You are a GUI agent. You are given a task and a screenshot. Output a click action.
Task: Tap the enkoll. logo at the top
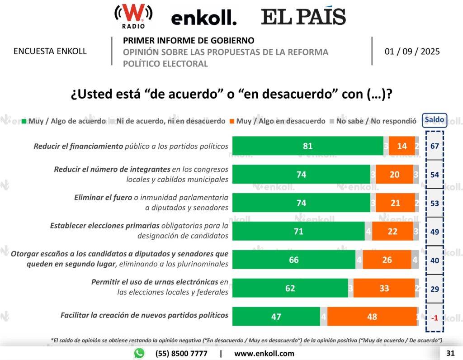(203, 18)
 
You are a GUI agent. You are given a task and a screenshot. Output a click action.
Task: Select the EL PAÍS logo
(303, 17)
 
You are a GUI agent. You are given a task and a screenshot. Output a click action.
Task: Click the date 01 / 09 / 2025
(412, 51)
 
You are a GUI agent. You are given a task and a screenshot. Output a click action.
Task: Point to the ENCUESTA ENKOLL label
(50, 51)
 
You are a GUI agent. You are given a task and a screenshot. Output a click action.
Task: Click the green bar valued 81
(307, 146)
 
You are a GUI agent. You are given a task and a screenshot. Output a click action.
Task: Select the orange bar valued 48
(372, 317)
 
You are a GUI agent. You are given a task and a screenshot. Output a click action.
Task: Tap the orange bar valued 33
(384, 289)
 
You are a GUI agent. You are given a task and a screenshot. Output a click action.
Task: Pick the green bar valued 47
(276, 317)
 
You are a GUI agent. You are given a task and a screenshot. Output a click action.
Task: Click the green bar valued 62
(290, 289)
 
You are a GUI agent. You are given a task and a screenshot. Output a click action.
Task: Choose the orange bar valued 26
(387, 260)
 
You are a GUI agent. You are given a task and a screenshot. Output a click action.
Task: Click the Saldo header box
(434, 120)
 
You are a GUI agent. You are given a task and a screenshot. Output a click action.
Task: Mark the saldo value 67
(435, 146)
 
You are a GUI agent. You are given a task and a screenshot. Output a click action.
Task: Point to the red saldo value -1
(435, 317)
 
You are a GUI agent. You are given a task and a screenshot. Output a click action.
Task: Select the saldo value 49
(435, 232)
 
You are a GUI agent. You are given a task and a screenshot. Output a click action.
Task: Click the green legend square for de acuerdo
(25, 122)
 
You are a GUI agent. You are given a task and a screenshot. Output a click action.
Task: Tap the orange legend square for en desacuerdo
(232, 122)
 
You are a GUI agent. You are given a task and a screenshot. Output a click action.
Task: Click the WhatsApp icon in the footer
(139, 353)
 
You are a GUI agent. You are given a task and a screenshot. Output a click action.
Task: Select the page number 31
(450, 353)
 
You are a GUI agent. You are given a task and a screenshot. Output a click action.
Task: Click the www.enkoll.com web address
(264, 353)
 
